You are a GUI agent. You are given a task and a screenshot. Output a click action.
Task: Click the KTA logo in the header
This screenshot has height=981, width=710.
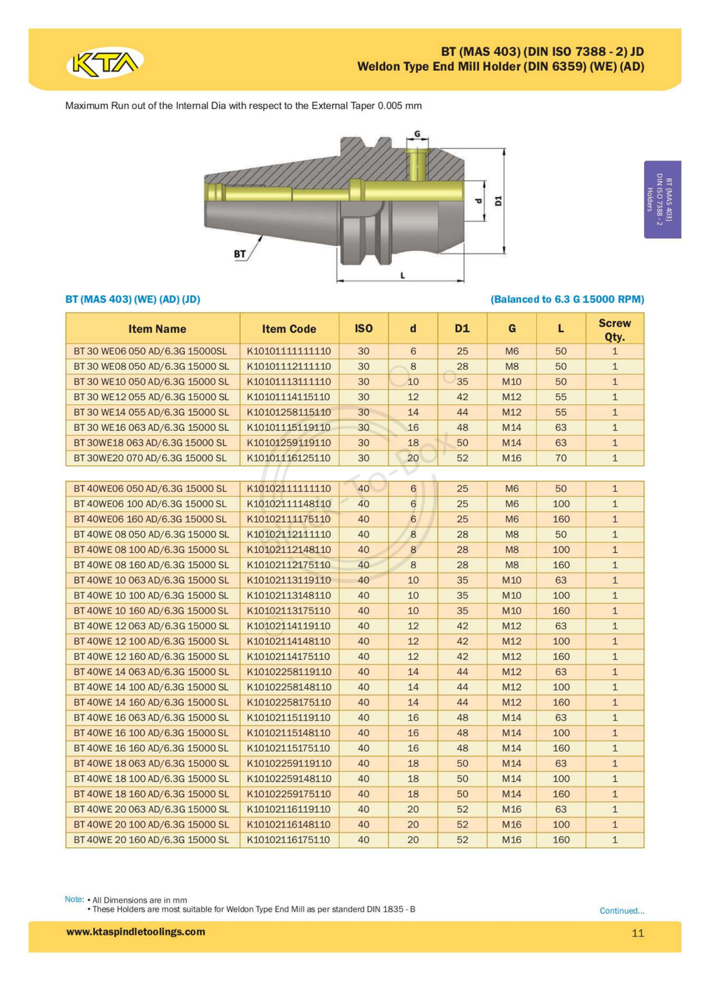[x=105, y=64]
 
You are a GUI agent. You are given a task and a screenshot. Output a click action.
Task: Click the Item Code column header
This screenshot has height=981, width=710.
[x=288, y=329]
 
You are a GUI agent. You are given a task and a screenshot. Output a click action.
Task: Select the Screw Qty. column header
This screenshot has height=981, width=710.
[x=614, y=329]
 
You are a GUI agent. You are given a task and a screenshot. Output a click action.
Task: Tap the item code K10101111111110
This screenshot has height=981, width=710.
[x=288, y=351]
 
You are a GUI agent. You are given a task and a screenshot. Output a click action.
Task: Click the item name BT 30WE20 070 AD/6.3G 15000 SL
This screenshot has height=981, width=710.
[x=150, y=458]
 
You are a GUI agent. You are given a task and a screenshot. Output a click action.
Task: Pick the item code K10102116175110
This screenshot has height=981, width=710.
[x=288, y=839]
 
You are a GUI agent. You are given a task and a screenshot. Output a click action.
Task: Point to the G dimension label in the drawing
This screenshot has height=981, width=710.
[x=417, y=134]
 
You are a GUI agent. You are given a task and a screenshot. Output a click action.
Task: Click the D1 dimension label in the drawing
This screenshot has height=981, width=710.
[x=498, y=201]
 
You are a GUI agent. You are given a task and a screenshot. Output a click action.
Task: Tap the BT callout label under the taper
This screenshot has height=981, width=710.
[x=240, y=254]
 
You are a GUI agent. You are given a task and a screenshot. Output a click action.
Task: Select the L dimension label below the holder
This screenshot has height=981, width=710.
[x=403, y=275]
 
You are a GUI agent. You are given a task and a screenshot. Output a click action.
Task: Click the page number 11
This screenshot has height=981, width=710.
[x=637, y=933]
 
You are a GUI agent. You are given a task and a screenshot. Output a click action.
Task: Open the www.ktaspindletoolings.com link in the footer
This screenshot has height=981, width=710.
[x=135, y=932]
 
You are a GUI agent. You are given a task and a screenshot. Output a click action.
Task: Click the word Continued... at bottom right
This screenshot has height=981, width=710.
[x=621, y=911]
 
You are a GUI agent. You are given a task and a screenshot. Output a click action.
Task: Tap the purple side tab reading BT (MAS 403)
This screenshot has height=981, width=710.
[x=662, y=200]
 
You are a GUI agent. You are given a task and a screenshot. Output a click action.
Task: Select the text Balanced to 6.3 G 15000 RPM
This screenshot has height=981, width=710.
[x=566, y=299]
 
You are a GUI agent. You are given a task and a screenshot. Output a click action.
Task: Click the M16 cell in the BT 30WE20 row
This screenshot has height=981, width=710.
[x=511, y=458]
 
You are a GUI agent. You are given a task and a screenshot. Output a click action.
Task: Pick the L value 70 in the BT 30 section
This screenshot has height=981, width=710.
[x=560, y=458]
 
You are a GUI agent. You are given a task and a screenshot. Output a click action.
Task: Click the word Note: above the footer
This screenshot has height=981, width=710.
[x=74, y=899]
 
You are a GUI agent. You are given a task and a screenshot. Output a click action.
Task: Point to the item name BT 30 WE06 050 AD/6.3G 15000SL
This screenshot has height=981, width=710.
[x=151, y=351]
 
